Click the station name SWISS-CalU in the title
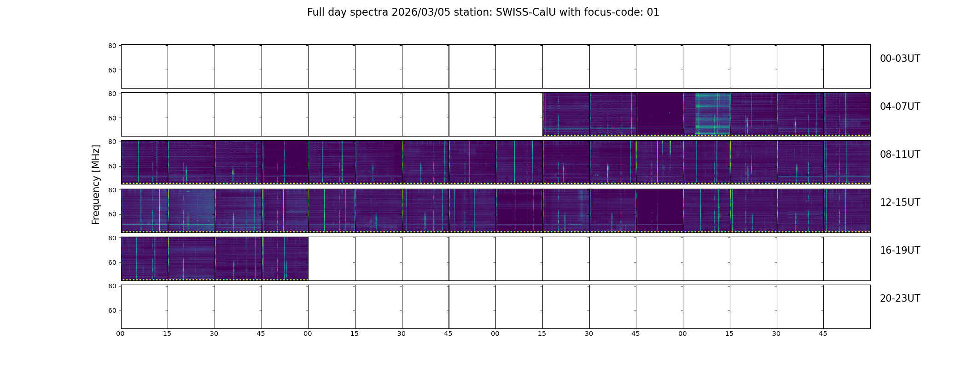coord(526,12)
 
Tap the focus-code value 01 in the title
coord(653,12)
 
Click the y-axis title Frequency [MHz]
coord(96,184)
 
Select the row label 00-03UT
coord(900,59)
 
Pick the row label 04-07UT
coord(900,107)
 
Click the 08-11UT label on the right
coord(900,155)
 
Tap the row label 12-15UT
coord(900,202)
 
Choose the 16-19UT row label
coord(900,250)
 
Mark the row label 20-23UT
coord(900,298)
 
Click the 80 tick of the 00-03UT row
coord(112,46)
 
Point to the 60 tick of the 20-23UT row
coord(112,310)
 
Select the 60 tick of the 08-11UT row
coord(112,166)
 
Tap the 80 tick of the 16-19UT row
coord(112,238)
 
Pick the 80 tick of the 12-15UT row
coord(112,190)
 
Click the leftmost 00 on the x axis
coord(121,333)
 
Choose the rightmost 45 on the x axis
coord(823,333)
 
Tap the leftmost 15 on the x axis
coord(167,333)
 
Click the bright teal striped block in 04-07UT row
coord(712,114)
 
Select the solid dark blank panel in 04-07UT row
coord(659,114)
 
